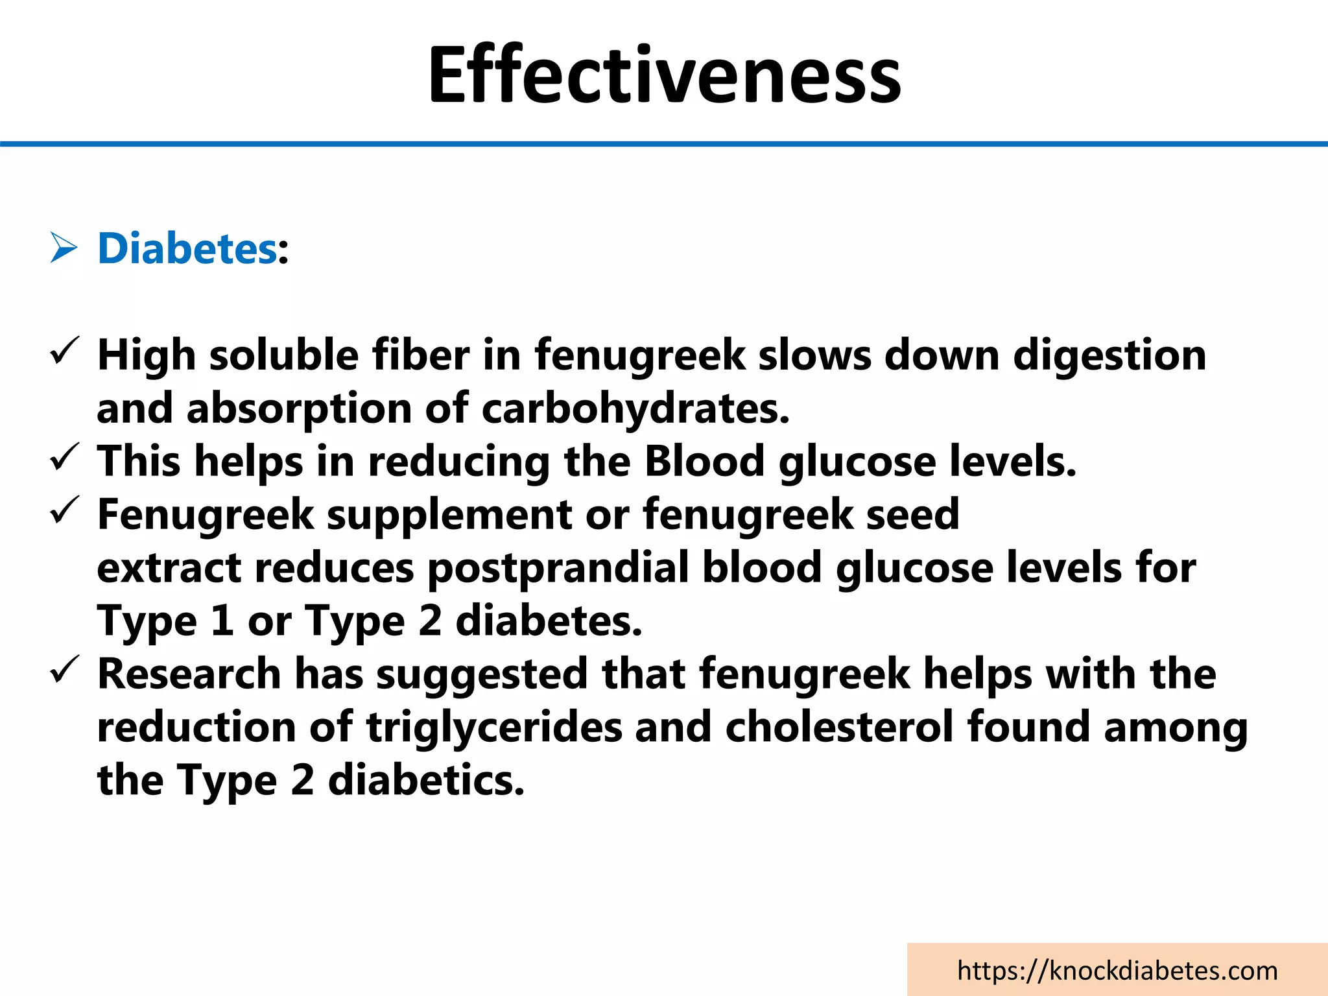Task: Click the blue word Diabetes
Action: click(x=187, y=248)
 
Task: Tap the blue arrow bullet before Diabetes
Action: click(x=64, y=249)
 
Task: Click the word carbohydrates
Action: click(x=635, y=409)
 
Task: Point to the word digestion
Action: click(x=1109, y=356)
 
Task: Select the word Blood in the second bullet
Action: click(x=704, y=462)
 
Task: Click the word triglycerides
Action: click(x=494, y=728)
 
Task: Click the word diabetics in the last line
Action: click(x=425, y=780)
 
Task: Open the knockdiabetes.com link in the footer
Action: click(x=1117, y=971)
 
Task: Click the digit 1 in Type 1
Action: click(x=222, y=621)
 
